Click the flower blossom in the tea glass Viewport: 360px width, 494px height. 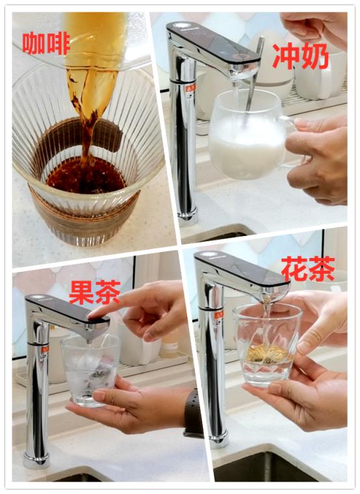tap(268, 354)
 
